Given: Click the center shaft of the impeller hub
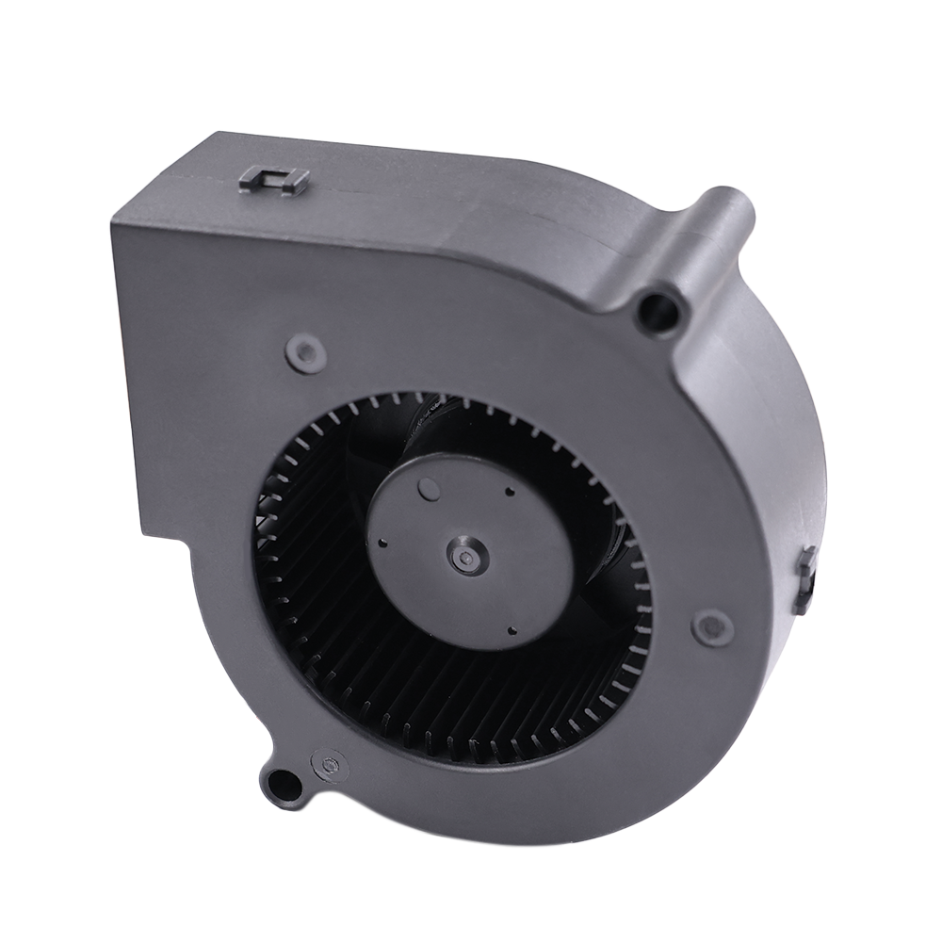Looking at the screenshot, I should [x=463, y=559].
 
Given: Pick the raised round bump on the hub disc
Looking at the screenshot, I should [x=429, y=488].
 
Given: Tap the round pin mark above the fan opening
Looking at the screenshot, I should [x=305, y=353].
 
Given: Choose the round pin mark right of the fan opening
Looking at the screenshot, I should [x=712, y=626].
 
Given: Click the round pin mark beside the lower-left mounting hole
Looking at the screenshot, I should [x=329, y=765].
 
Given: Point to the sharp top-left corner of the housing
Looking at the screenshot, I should [x=112, y=222].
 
